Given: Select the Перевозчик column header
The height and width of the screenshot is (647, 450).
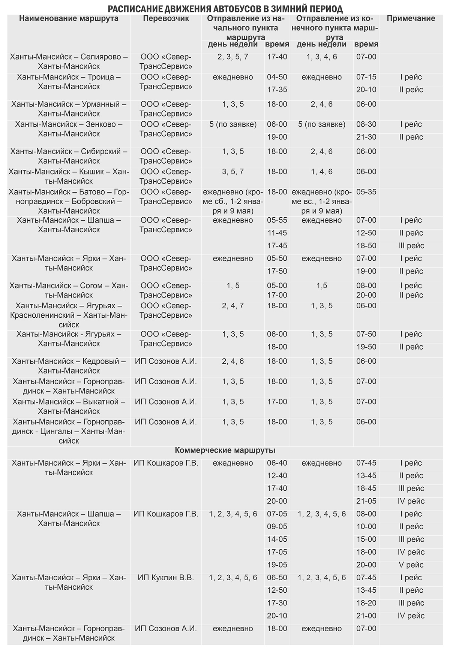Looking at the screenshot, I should (166, 19).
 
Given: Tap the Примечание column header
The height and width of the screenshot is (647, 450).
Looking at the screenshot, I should (411, 19).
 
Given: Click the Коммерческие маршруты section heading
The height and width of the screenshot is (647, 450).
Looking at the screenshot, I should (225, 450).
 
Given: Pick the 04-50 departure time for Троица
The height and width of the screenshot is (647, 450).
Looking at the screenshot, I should (277, 77).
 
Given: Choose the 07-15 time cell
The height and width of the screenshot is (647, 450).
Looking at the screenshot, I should (366, 77).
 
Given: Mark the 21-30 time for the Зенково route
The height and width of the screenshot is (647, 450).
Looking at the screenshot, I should (366, 137).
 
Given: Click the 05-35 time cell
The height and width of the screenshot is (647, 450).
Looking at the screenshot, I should (366, 192).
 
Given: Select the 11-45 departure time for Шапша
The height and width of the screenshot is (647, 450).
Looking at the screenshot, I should (277, 233).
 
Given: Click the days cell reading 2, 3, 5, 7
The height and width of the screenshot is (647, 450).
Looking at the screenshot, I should (233, 57).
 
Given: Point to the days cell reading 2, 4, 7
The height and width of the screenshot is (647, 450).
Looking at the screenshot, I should (233, 306).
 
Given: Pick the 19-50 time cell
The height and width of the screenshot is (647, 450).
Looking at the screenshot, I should (366, 347).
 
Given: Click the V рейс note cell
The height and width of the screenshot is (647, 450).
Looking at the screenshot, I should (411, 565).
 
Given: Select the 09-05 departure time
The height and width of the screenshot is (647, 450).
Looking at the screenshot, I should (277, 527).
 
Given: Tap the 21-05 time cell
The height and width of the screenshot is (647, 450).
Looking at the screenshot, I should (366, 501).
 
